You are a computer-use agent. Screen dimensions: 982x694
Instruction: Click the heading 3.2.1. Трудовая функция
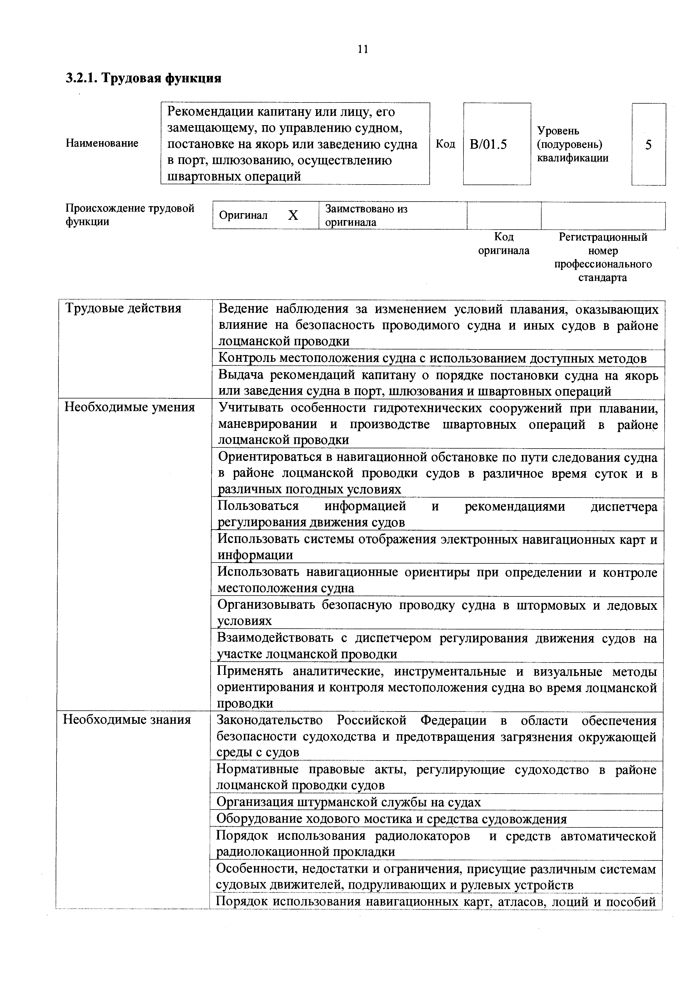[x=143, y=78]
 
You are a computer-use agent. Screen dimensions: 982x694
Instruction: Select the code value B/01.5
[x=488, y=144]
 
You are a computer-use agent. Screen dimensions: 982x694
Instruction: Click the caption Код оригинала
[x=504, y=243]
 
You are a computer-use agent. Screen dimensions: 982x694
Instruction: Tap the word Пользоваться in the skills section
[x=258, y=506]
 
